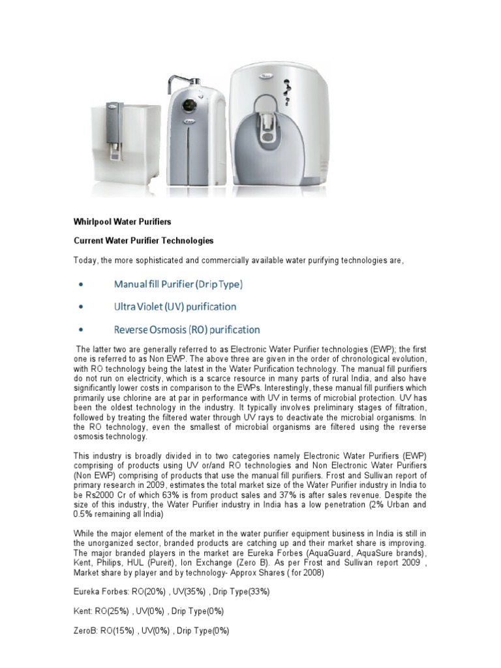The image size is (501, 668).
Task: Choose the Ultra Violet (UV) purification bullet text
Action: point(175,307)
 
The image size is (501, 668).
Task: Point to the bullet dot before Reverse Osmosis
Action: point(80,330)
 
